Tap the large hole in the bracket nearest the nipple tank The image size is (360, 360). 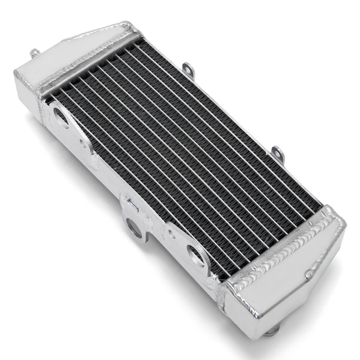(60, 116)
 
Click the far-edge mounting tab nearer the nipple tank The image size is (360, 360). (189, 70)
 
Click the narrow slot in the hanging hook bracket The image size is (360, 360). (129, 205)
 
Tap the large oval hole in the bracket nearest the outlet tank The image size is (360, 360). (196, 256)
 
